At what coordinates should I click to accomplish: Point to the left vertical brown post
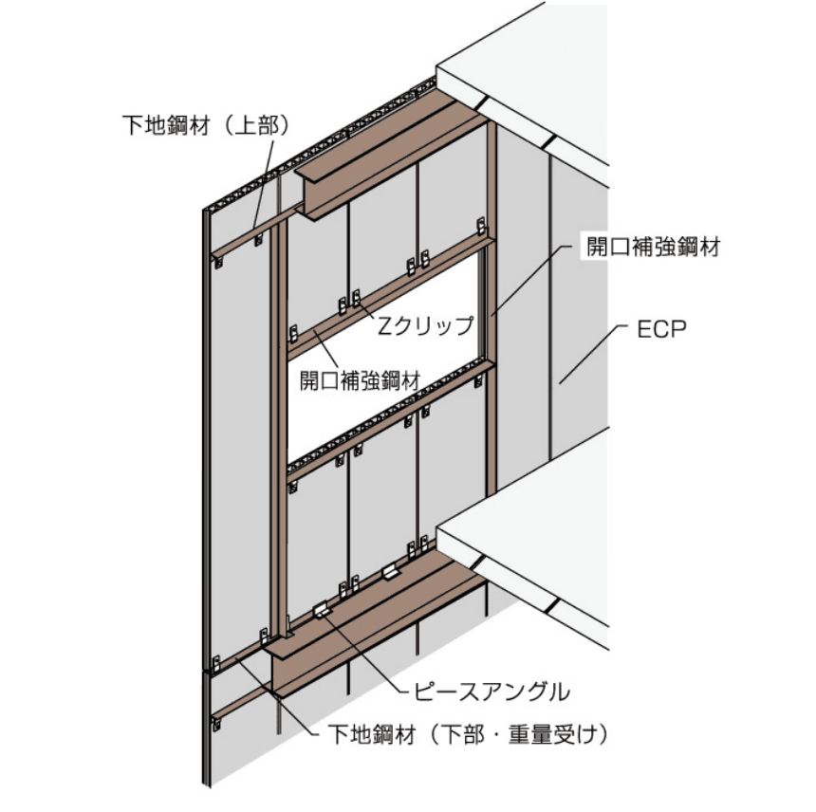coord(278,427)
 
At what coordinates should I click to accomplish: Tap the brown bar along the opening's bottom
coord(389,417)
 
